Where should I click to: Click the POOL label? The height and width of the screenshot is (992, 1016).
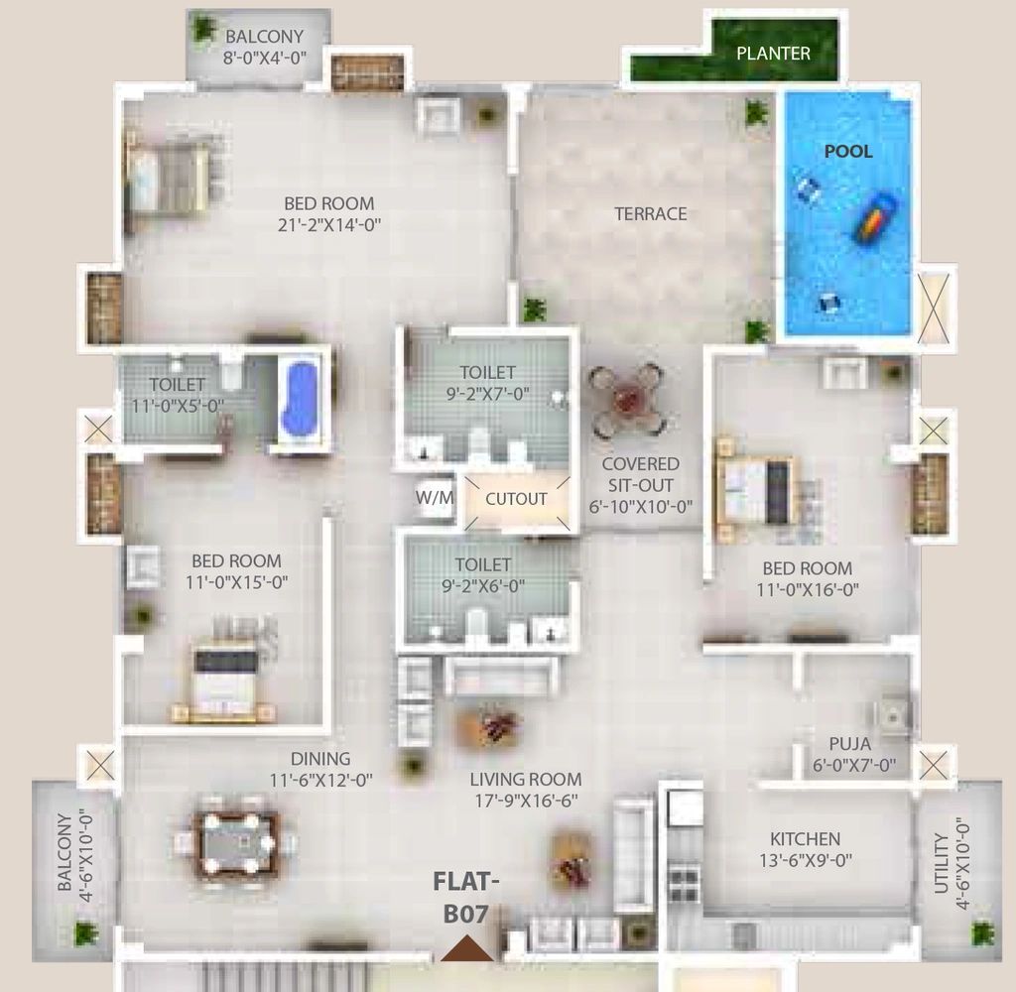[x=848, y=151]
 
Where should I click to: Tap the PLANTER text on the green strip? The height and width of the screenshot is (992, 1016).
[x=773, y=54]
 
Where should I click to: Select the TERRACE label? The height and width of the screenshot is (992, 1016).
[x=651, y=214]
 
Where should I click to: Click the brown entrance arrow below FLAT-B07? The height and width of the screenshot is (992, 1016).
[x=466, y=948]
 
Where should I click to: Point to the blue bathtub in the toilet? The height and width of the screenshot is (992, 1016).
[x=302, y=399]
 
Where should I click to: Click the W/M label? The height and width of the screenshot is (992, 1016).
[x=435, y=498]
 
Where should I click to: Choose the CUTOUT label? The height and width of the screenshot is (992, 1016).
[x=516, y=499]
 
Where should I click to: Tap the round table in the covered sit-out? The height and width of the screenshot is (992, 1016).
[x=627, y=399]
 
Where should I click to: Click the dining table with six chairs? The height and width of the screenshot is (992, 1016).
[x=236, y=841]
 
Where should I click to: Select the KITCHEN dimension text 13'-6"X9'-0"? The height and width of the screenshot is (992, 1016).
[x=806, y=860]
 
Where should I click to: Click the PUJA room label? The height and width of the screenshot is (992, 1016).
[x=850, y=744]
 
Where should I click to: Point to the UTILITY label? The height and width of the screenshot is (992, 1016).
[x=942, y=864]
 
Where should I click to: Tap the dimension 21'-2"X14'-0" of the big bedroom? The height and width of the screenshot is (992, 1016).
[x=329, y=225]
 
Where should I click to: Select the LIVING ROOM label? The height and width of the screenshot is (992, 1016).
[x=526, y=780]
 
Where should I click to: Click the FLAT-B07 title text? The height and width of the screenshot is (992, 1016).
[x=466, y=898]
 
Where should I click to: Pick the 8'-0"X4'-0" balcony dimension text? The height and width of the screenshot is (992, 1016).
[x=264, y=59]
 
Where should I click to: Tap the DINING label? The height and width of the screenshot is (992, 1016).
[x=320, y=759]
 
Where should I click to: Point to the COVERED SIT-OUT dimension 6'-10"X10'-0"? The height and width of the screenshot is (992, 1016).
[x=640, y=507]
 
